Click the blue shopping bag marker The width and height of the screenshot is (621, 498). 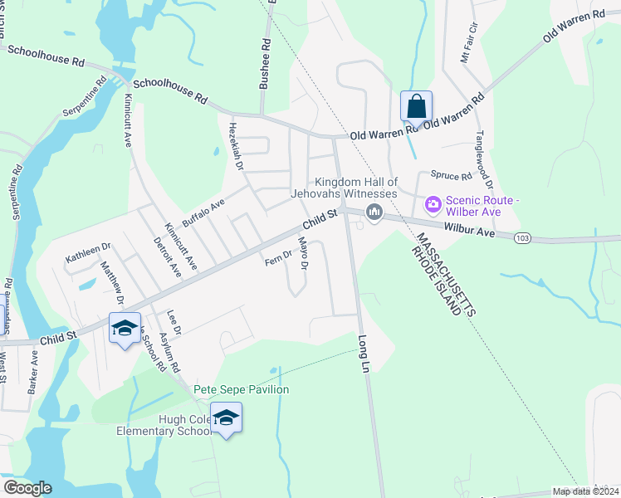point(416,107)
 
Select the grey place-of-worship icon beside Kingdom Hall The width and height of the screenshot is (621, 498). point(374,213)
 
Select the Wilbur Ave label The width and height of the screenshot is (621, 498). point(469,231)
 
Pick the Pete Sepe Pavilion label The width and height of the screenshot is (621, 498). point(241,389)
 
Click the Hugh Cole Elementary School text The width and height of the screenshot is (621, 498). point(163,425)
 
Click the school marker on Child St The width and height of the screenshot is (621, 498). point(125,328)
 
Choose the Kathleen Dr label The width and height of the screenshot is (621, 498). point(88,253)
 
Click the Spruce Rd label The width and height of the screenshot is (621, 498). point(450,176)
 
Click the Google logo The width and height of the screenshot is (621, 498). point(28,487)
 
